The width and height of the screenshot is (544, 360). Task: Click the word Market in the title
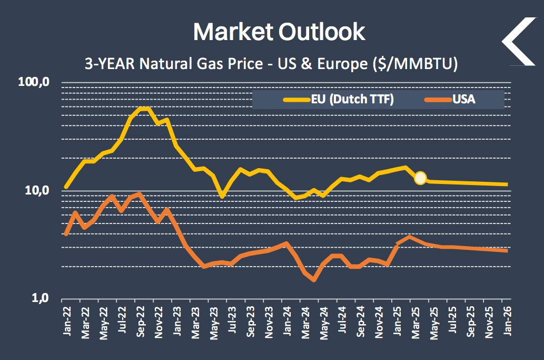click(x=233, y=32)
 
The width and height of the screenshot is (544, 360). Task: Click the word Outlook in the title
click(x=322, y=32)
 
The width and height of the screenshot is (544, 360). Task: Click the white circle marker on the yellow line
click(x=420, y=178)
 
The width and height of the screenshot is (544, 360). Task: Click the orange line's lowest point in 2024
click(x=314, y=280)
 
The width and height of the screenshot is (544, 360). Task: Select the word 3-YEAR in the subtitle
click(x=108, y=64)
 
